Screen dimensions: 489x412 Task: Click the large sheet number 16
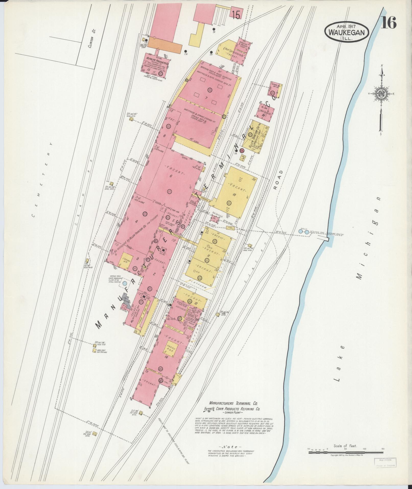tap(389, 22)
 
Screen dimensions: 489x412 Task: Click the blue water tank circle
tap(124, 283)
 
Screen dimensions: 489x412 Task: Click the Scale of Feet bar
tap(346, 452)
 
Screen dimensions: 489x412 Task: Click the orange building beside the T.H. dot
tap(165, 44)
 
